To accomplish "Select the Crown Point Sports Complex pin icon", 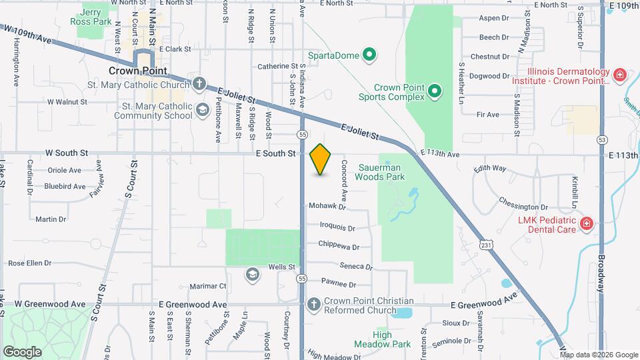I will coord(434,90).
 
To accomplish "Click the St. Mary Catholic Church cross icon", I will coord(199,85).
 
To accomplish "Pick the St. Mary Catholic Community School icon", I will coord(202,109).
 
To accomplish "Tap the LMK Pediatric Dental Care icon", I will coord(586,223).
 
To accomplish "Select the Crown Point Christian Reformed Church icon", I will coord(313,305).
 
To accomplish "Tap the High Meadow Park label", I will coord(391,339).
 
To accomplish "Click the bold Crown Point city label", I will coord(139,70).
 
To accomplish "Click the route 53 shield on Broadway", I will coord(602,139).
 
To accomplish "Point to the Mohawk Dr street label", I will coord(325,206).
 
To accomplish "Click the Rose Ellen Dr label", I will coord(30,263).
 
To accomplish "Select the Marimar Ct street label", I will coord(208,286).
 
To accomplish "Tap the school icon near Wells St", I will coord(252,273).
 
